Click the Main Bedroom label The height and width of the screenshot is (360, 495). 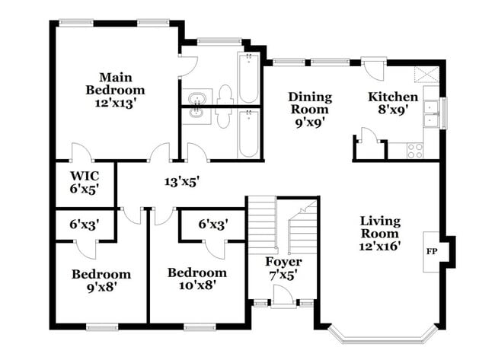115,84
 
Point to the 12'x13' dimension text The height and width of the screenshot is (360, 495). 115,104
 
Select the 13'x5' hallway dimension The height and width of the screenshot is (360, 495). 180,182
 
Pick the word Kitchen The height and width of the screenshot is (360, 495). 393,97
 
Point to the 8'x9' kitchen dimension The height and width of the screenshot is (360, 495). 393,110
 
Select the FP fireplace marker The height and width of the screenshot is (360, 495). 432,250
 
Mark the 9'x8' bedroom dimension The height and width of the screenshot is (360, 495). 101,287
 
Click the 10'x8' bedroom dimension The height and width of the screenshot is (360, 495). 197,286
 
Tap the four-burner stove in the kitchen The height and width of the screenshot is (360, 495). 415,151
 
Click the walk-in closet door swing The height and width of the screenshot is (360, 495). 81,152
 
